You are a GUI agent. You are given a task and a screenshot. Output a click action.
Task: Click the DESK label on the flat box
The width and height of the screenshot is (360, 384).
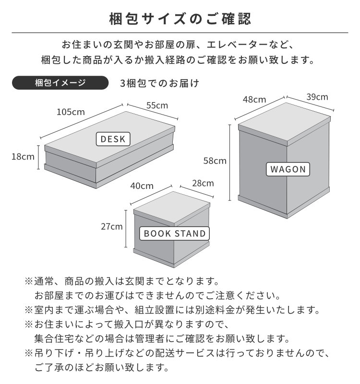pyautogui.click(x=113, y=139)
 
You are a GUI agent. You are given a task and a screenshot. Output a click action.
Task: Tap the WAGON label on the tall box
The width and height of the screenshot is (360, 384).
pyautogui.click(x=288, y=169)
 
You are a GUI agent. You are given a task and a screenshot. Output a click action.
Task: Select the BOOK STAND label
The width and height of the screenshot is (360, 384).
pyautogui.click(x=174, y=233)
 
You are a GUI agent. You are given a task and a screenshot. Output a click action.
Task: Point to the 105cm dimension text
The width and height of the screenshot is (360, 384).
pyautogui.click(x=71, y=112)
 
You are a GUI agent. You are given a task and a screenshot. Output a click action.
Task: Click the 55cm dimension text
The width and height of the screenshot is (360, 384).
pyautogui.click(x=157, y=105)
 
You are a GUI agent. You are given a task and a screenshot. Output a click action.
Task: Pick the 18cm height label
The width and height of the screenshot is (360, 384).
pyautogui.click(x=23, y=157)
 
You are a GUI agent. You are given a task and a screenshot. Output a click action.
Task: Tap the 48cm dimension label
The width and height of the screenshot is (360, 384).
pyautogui.click(x=254, y=99)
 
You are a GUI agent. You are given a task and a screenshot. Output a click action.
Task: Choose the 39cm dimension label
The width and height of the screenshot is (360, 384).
pyautogui.click(x=317, y=97)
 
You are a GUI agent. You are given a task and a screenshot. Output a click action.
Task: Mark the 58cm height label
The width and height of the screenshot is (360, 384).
pyautogui.click(x=215, y=161)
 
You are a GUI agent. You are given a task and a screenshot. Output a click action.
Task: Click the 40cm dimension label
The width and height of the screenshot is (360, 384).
pyautogui.click(x=142, y=186)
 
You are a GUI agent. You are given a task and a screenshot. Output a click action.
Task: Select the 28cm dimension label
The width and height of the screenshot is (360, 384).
pyautogui.click(x=203, y=183)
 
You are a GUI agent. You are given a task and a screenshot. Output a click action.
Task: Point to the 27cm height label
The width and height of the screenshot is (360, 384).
pyautogui.click(x=112, y=227)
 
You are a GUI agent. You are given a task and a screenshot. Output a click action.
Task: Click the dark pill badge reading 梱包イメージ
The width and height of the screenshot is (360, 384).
pyautogui.click(x=60, y=83)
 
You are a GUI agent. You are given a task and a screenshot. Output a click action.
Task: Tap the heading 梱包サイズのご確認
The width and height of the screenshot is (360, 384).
pyautogui.click(x=180, y=19)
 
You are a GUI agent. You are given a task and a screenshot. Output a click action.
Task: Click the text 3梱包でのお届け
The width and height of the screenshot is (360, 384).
pyautogui.click(x=159, y=83)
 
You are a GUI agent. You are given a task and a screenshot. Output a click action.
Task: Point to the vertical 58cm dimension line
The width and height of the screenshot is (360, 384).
pyautogui.click(x=230, y=163)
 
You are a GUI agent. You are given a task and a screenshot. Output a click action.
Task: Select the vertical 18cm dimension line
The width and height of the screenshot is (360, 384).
pyautogui.click(x=38, y=157)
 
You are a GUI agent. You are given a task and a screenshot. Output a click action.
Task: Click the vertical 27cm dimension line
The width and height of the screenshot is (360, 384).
pyautogui.click(x=126, y=229)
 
